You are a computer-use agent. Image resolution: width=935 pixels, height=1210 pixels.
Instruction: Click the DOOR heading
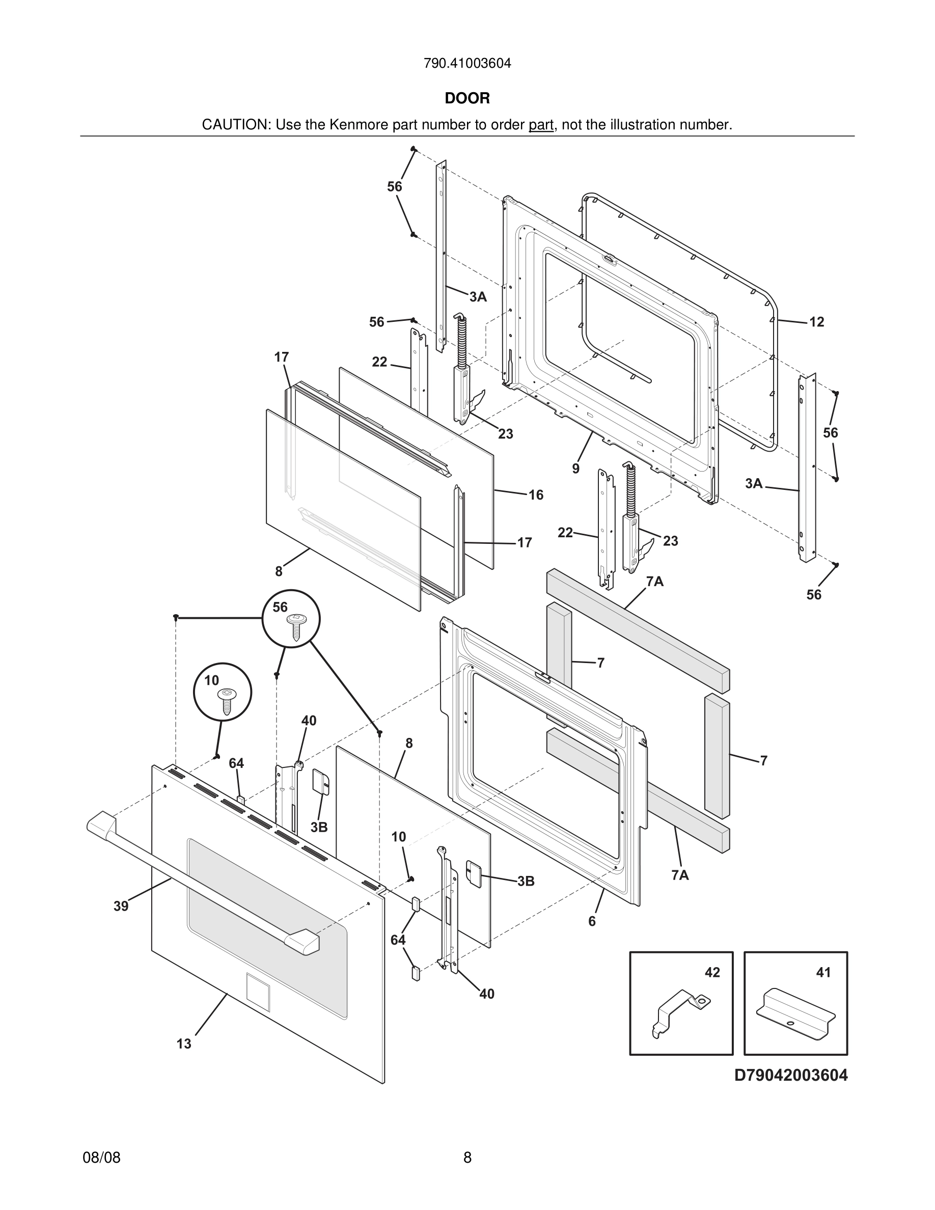pos(467,98)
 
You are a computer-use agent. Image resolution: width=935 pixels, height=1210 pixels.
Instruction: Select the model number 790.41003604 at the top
pos(467,64)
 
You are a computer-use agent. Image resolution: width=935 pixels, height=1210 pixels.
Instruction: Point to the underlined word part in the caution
pos(541,125)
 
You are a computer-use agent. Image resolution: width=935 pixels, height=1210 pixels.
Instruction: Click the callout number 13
pos(184,1044)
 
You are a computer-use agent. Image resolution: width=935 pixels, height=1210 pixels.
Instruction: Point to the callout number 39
pos(121,906)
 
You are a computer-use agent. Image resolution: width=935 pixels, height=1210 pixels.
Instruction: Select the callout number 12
pos(816,322)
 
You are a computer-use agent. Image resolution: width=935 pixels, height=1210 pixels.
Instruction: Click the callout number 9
pos(576,469)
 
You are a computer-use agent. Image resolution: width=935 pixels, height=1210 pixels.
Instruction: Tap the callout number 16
pos(536,495)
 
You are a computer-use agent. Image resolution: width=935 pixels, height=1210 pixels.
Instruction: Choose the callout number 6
pos(592,921)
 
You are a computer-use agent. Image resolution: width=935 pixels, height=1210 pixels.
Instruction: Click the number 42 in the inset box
pos(712,972)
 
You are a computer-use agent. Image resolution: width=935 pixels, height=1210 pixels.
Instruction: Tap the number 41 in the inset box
pos(823,972)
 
